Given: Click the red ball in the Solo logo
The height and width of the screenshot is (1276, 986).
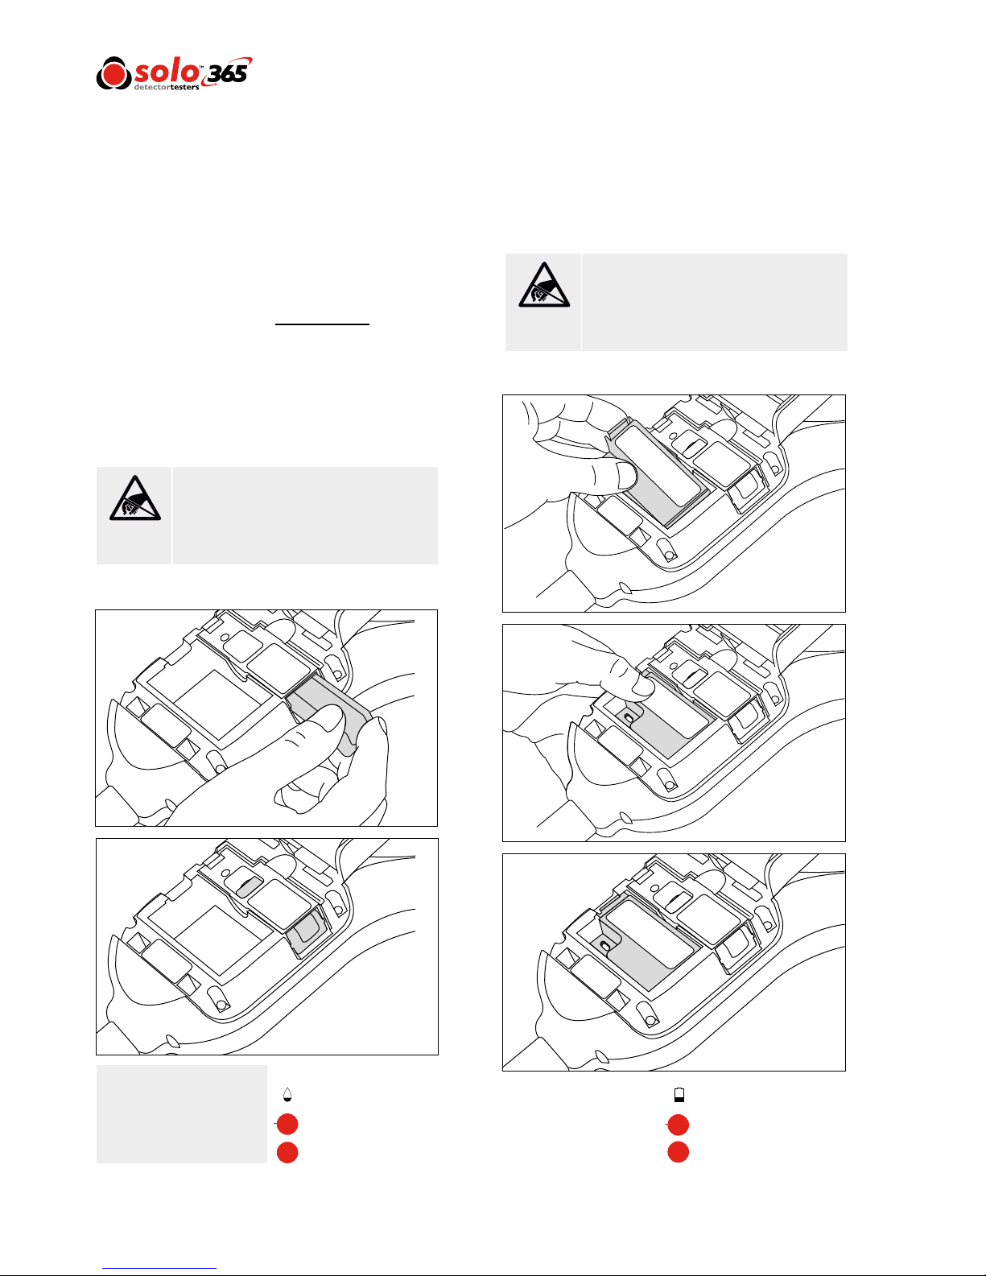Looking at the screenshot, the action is point(113,73).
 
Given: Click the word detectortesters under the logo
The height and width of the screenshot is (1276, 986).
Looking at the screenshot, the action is point(167,88).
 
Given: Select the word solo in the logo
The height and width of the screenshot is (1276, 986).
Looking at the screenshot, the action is point(167,71).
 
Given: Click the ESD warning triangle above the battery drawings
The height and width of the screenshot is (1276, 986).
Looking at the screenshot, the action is point(544,285).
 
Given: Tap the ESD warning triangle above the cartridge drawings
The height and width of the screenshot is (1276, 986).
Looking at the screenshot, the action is point(135,498).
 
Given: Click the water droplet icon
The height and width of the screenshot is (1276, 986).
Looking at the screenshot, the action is point(287,1095).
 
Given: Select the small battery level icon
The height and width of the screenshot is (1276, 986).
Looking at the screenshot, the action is point(679,1095).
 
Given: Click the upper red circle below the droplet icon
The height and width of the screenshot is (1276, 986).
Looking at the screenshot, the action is point(287,1124).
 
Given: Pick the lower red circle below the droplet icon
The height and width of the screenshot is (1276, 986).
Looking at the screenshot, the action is point(287,1152).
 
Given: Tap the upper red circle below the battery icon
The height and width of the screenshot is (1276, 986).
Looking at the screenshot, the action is point(678,1125).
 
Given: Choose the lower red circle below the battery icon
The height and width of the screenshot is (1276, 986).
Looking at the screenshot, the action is point(678,1152).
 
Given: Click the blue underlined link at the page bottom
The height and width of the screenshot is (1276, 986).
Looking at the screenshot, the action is point(159,1268).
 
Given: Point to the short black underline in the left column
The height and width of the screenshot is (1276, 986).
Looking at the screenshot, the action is point(322,324).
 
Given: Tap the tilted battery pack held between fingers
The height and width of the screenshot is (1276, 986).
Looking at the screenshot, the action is point(654,470).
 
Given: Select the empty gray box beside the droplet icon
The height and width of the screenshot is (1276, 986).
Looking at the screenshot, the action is point(181,1114).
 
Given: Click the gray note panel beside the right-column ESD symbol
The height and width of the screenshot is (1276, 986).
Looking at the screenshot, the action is point(714,303).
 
